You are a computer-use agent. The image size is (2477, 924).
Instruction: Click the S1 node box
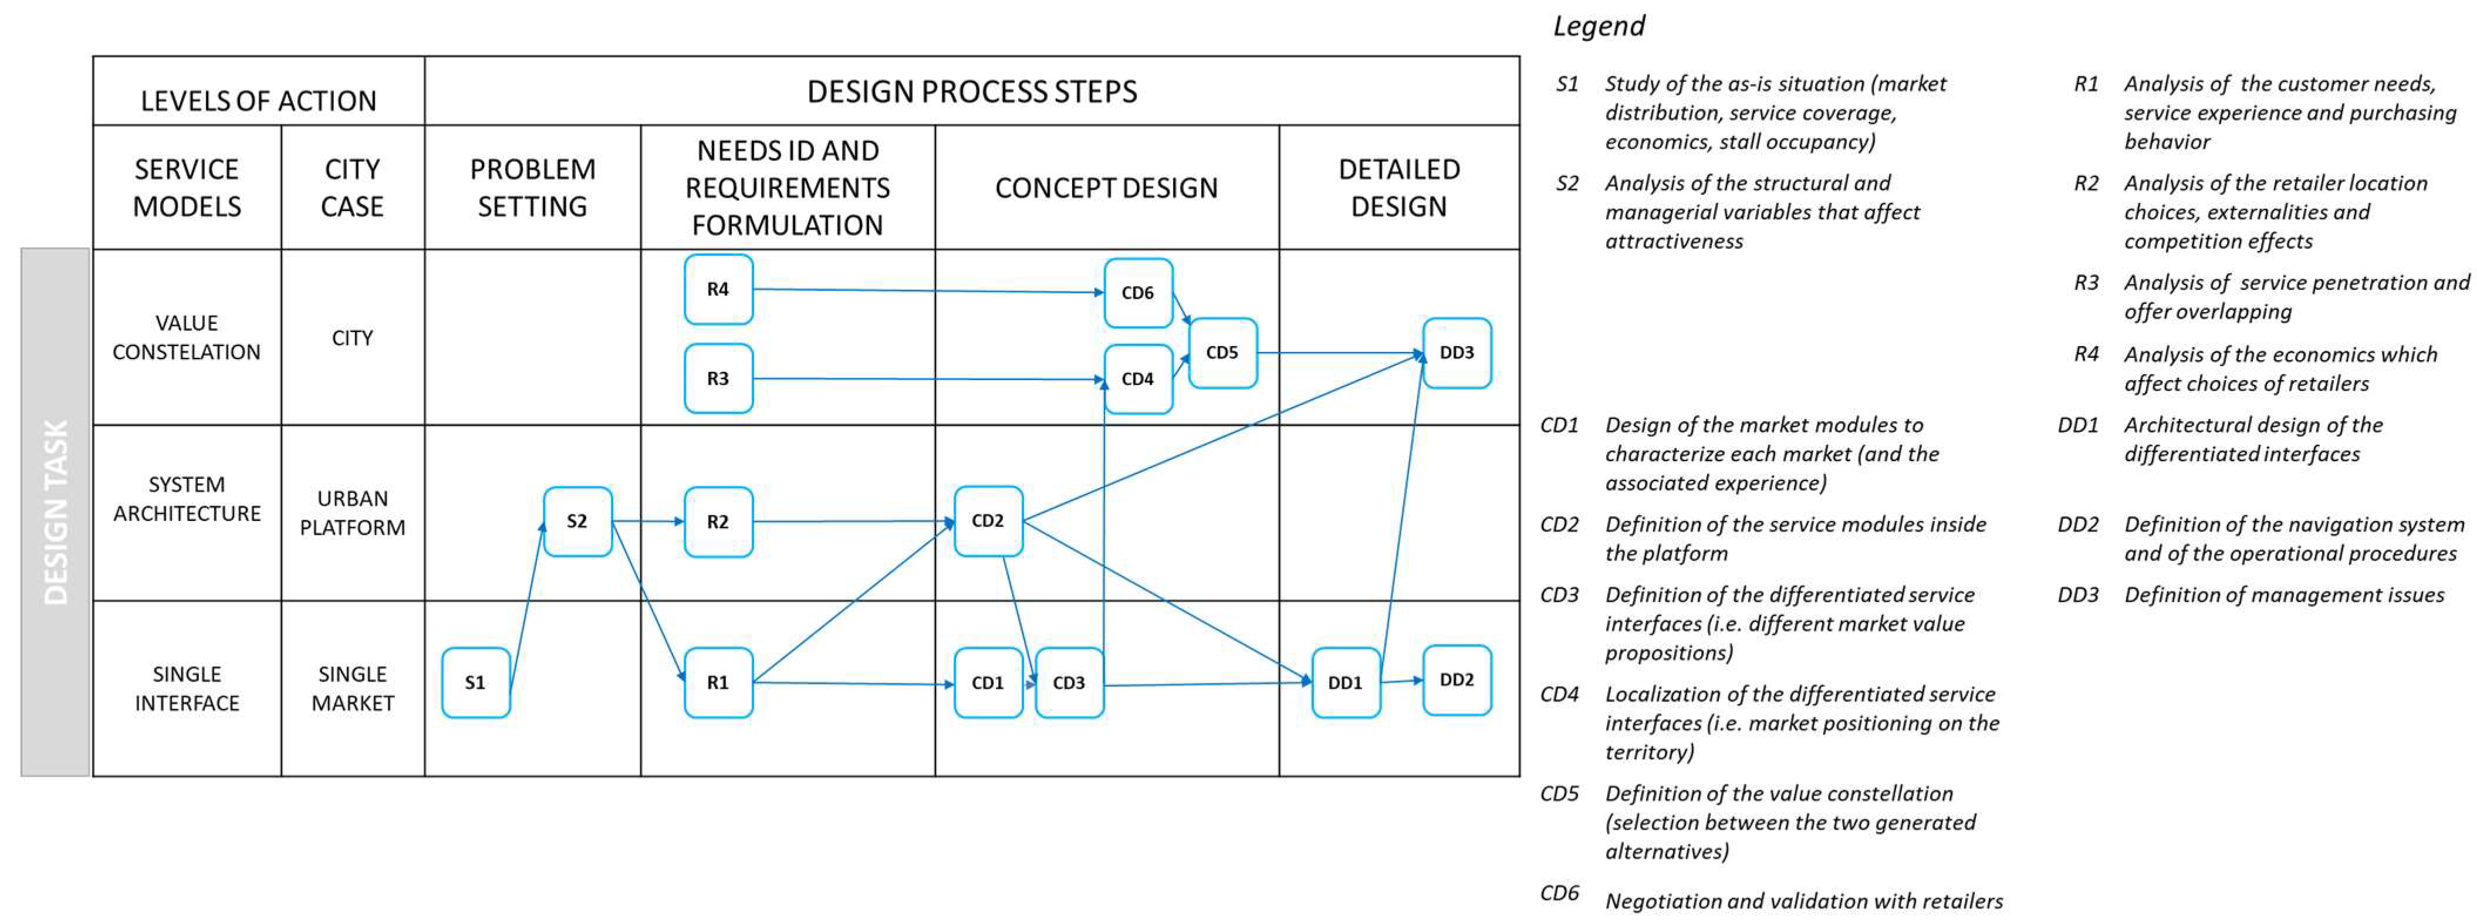coord(475,683)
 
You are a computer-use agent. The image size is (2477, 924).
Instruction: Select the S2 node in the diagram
coord(577,521)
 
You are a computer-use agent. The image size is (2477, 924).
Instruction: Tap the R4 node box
coord(718,289)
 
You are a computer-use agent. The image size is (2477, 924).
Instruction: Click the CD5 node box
coord(1222,353)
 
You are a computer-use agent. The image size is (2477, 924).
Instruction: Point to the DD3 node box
coord(1457,353)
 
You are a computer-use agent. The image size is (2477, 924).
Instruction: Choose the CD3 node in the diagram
coord(1069,683)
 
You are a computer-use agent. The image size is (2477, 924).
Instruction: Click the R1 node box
coord(718,683)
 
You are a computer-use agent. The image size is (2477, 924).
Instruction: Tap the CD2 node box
coord(988,521)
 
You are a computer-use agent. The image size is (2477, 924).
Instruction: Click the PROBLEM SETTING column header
coord(533,188)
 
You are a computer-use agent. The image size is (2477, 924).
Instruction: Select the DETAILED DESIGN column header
coord(1399,188)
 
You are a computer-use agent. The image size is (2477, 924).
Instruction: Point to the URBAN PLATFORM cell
coord(352,513)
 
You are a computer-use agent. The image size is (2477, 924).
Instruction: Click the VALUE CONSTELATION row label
coord(187,337)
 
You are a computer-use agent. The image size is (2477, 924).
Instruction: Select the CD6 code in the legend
coord(1560,893)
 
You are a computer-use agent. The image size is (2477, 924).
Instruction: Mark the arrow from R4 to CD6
coord(928,290)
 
